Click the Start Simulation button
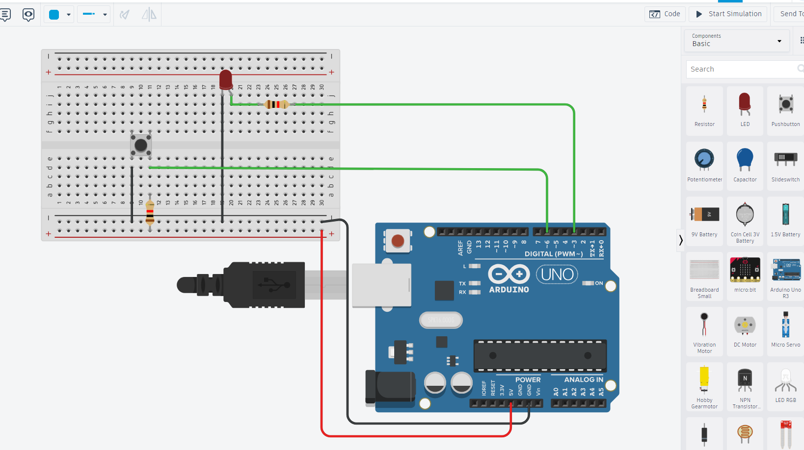coord(728,14)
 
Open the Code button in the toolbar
coord(665,14)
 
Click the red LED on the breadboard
coord(226,79)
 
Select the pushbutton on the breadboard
coord(141,145)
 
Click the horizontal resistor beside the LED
coord(276,104)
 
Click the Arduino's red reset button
coord(398,241)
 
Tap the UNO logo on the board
coord(557,275)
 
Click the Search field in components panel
coord(741,69)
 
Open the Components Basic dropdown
coord(736,41)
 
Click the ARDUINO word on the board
coord(509,290)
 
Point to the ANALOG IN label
coord(583,380)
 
